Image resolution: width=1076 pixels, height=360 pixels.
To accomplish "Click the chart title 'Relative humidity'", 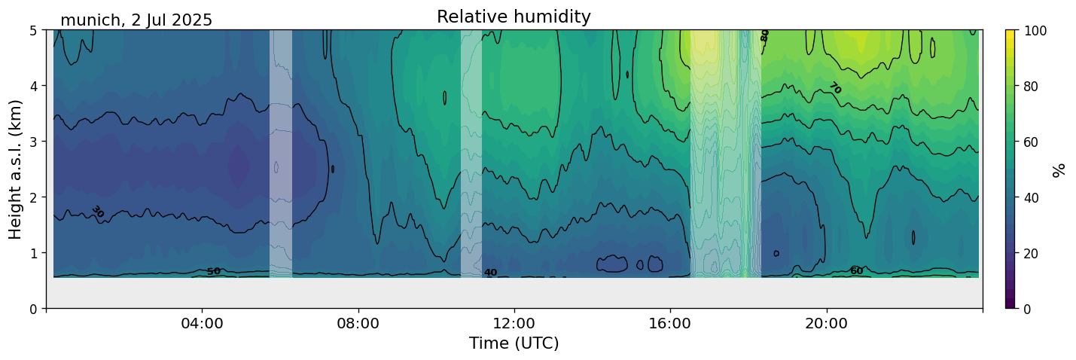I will click(514, 17).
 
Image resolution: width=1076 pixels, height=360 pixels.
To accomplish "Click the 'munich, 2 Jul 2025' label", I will click(136, 20).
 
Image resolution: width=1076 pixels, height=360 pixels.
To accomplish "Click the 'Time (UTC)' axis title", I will click(514, 343).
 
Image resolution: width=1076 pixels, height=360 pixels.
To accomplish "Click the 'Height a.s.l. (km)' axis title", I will click(16, 169).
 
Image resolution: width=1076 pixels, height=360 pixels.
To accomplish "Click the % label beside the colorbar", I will click(1059, 169).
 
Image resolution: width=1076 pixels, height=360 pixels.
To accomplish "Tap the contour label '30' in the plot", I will click(98, 212).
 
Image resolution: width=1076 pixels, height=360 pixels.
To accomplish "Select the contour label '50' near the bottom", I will click(214, 271).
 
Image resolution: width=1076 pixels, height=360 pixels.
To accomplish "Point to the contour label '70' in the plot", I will click(834, 88).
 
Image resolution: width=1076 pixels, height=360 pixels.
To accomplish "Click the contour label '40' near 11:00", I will click(490, 273).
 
